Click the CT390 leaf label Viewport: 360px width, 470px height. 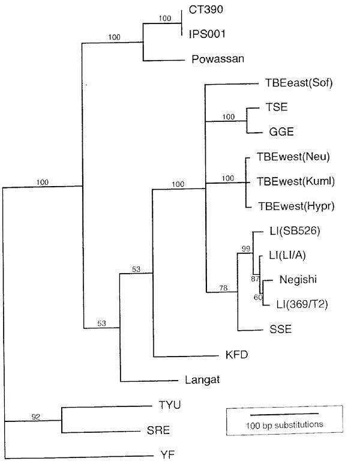(206, 10)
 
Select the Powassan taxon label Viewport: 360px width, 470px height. (218, 59)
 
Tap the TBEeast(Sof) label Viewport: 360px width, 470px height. (299, 83)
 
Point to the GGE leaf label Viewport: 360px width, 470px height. (281, 131)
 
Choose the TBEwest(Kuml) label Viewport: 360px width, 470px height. (296, 181)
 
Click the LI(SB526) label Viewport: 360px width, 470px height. (295, 230)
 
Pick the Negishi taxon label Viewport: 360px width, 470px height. (298, 279)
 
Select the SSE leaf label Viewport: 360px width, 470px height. (281, 329)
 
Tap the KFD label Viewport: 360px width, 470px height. (236, 355)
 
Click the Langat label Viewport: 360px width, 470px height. (202, 380)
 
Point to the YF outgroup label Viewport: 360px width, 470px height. (167, 455)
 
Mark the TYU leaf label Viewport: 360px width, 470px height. (170, 405)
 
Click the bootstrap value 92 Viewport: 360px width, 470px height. (35, 417)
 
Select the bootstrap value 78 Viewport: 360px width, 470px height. (223, 288)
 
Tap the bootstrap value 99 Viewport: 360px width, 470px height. (245, 249)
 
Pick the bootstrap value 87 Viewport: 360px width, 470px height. (255, 279)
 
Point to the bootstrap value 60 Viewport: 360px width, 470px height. (258, 297)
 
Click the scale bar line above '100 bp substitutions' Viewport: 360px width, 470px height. (284, 414)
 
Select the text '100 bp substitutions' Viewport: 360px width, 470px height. (284, 425)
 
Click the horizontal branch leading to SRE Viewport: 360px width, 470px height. (101, 432)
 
